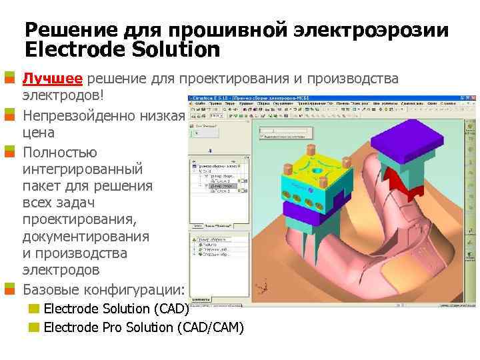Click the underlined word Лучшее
click(x=53, y=79)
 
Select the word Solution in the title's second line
click(x=180, y=49)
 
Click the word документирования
click(x=87, y=237)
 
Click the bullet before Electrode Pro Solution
click(x=33, y=327)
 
